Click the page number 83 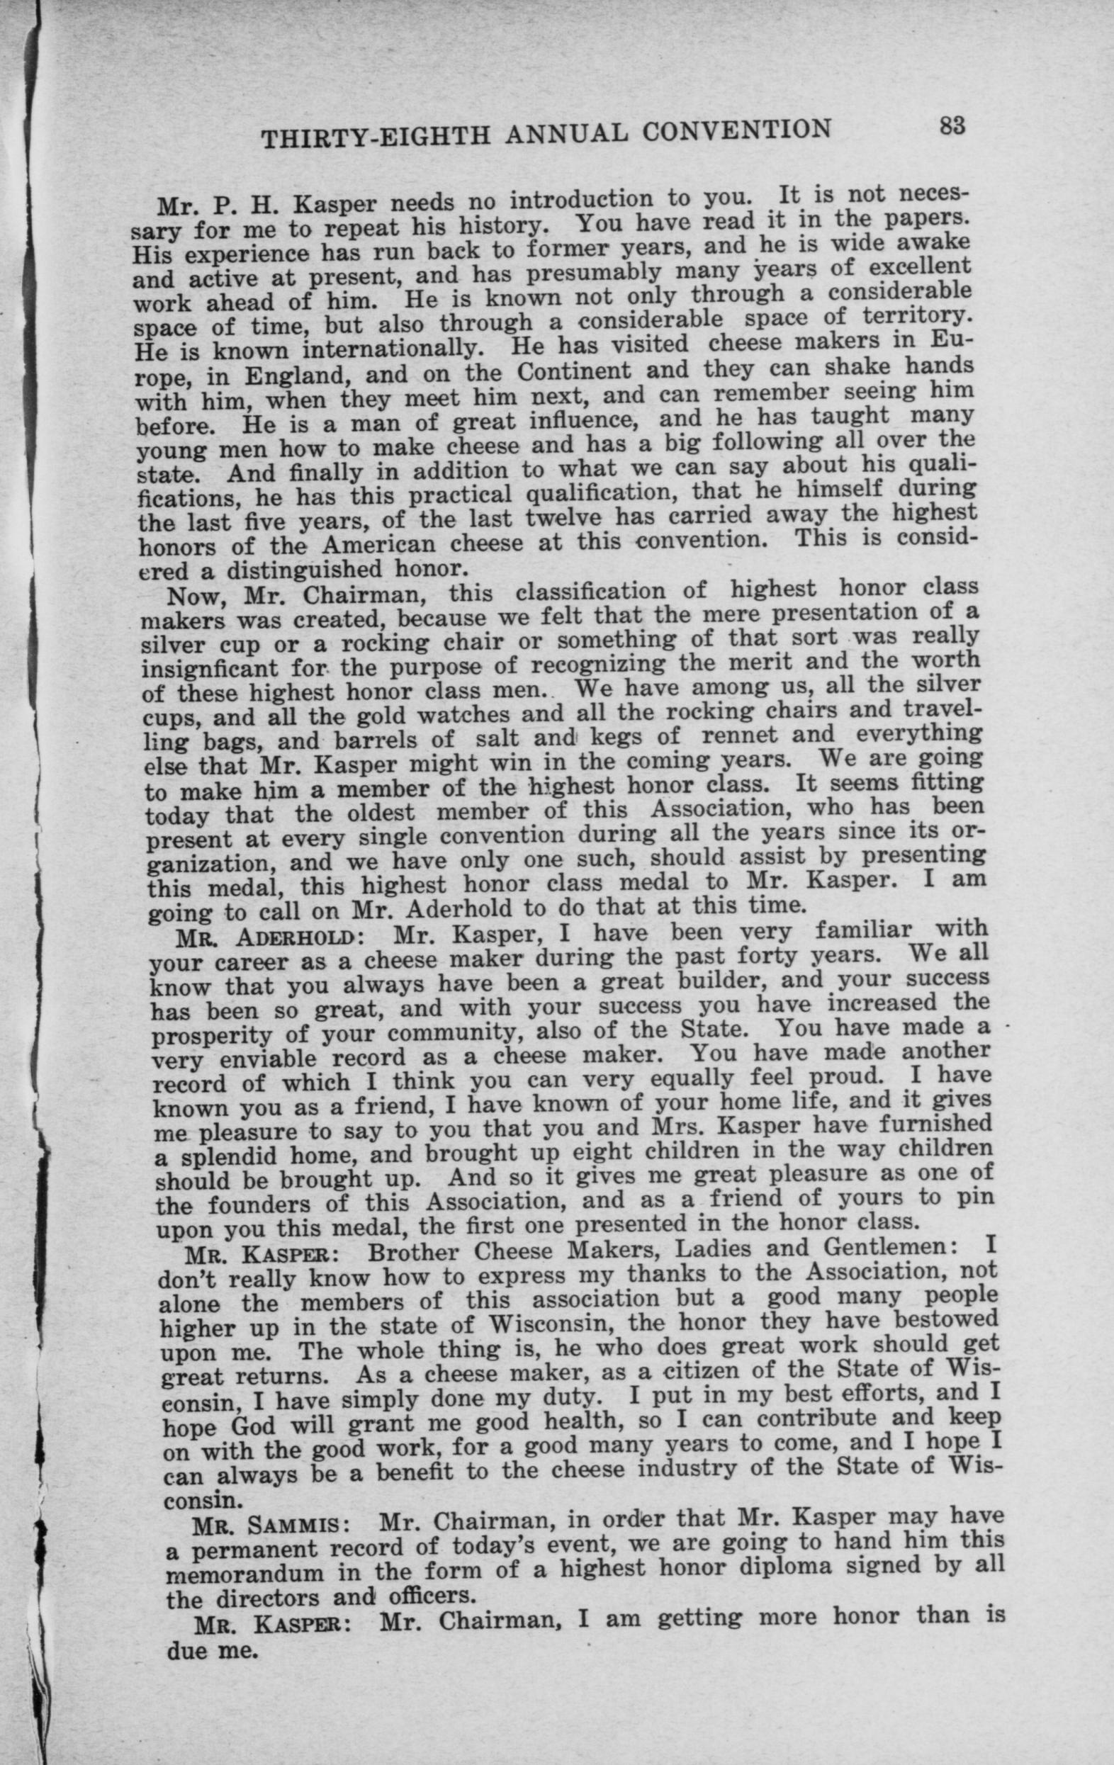(x=952, y=126)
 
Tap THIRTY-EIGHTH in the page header (x=374, y=137)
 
